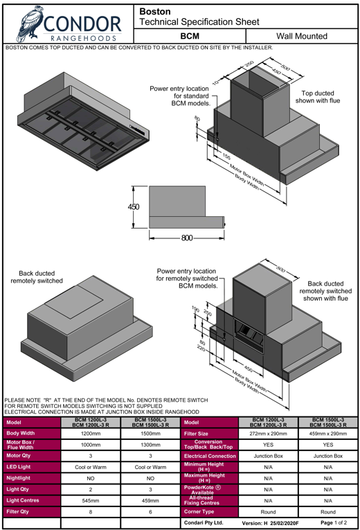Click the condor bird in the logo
point(30,24)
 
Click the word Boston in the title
point(155,12)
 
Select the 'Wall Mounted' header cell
point(302,36)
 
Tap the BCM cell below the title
point(190,36)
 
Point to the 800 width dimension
point(187,238)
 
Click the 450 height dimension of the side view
point(134,207)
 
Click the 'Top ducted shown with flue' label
point(318,97)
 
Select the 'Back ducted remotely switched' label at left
point(37,277)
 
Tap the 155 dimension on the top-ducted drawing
point(226,156)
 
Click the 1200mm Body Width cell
point(91,433)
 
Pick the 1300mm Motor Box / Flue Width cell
point(151,445)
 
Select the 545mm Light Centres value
point(91,501)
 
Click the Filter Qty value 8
point(91,512)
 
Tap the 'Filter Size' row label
point(196,434)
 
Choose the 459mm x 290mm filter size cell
point(328,433)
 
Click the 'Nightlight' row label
point(18,478)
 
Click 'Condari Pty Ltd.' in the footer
point(204,522)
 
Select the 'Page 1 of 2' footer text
point(334,522)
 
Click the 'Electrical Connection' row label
point(210,456)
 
